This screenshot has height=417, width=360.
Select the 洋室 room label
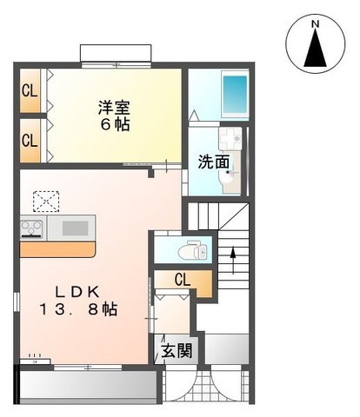(x=114, y=108)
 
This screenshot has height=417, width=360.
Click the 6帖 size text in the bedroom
(x=114, y=124)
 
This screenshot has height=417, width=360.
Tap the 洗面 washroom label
(x=214, y=161)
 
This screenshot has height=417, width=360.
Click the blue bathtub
(x=234, y=92)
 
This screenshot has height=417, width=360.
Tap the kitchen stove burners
(x=33, y=229)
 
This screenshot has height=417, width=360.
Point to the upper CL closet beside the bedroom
(x=30, y=89)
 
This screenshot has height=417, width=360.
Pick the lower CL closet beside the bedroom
(x=30, y=139)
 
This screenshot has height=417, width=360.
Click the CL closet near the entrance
(x=183, y=280)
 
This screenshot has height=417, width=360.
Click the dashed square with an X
(x=44, y=201)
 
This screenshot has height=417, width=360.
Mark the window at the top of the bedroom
(x=117, y=54)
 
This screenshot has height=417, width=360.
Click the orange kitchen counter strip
(x=57, y=249)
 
